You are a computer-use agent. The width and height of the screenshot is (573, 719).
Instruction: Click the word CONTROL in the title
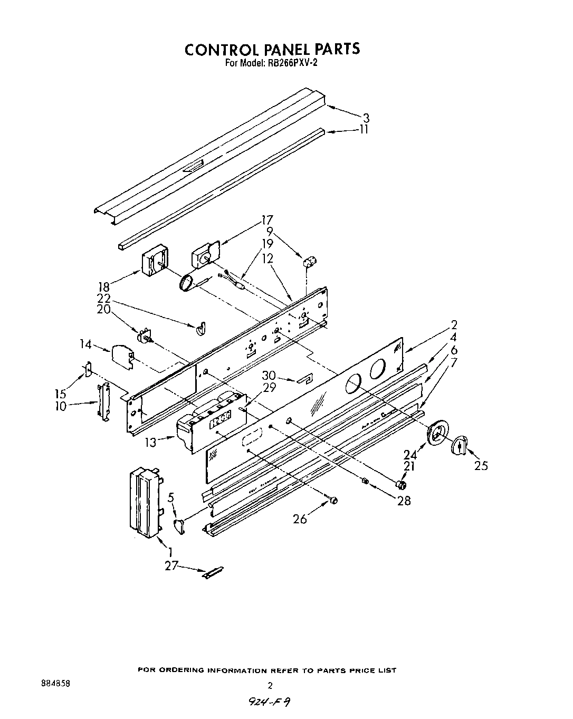click(x=219, y=49)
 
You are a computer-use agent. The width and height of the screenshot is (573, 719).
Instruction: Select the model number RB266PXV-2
click(x=293, y=62)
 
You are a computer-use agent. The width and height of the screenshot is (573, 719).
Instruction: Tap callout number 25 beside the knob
click(x=481, y=465)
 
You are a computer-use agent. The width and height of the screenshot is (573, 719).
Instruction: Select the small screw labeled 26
click(x=333, y=500)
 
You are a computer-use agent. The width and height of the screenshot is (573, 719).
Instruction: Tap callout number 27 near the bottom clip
click(x=170, y=566)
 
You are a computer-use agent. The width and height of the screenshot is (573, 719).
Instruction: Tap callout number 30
click(x=269, y=375)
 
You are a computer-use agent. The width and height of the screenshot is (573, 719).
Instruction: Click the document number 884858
click(x=55, y=683)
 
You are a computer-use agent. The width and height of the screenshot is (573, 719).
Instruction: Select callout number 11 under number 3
click(x=364, y=129)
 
